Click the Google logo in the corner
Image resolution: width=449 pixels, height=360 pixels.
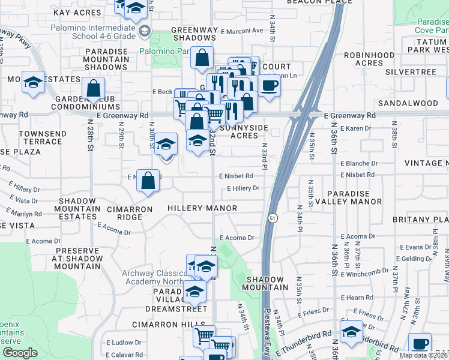click(20, 353)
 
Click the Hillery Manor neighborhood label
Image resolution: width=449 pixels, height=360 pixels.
click(202, 208)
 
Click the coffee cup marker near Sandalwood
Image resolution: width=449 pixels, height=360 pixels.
click(270, 85)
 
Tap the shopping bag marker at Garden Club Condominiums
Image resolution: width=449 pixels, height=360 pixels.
click(94, 89)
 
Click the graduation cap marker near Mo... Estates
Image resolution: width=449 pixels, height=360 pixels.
click(33, 83)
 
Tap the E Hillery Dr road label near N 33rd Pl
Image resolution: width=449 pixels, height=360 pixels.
click(243, 188)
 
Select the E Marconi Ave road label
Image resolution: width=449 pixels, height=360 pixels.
click(241, 31)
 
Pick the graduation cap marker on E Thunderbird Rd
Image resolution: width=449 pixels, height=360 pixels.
click(351, 331)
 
